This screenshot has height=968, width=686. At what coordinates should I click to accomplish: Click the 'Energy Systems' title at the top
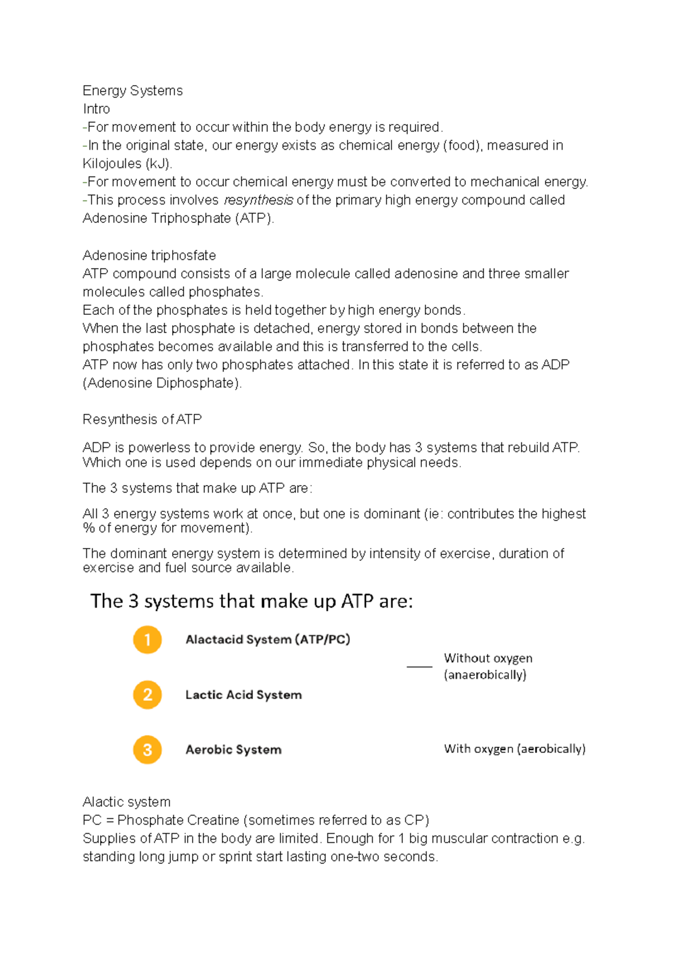133,91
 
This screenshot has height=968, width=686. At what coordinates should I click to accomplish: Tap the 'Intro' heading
96,109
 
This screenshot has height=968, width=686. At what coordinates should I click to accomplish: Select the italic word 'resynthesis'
258,200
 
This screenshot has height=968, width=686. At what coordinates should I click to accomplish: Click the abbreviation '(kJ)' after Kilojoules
158,164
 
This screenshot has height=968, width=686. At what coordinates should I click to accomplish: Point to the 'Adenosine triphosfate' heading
149,255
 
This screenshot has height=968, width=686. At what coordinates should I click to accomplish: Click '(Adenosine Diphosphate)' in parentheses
162,383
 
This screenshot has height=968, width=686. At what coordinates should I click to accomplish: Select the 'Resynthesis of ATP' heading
142,419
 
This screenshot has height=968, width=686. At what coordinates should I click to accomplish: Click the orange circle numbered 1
147,639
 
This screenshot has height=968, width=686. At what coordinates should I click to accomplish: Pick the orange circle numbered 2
147,695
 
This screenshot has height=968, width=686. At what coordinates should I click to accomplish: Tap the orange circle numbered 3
147,750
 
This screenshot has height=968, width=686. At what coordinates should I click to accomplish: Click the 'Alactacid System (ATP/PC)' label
268,639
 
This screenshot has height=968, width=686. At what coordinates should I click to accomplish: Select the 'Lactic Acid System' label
244,695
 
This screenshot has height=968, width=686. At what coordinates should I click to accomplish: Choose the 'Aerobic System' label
233,750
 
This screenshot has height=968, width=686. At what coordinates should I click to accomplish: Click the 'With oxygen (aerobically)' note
514,749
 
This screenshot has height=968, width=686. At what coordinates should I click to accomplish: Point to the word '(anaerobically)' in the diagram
485,675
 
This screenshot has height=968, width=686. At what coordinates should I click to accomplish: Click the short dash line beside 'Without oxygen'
420,666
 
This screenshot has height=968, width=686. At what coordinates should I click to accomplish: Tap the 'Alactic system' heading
126,802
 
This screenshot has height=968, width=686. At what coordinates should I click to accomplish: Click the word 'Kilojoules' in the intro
112,164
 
